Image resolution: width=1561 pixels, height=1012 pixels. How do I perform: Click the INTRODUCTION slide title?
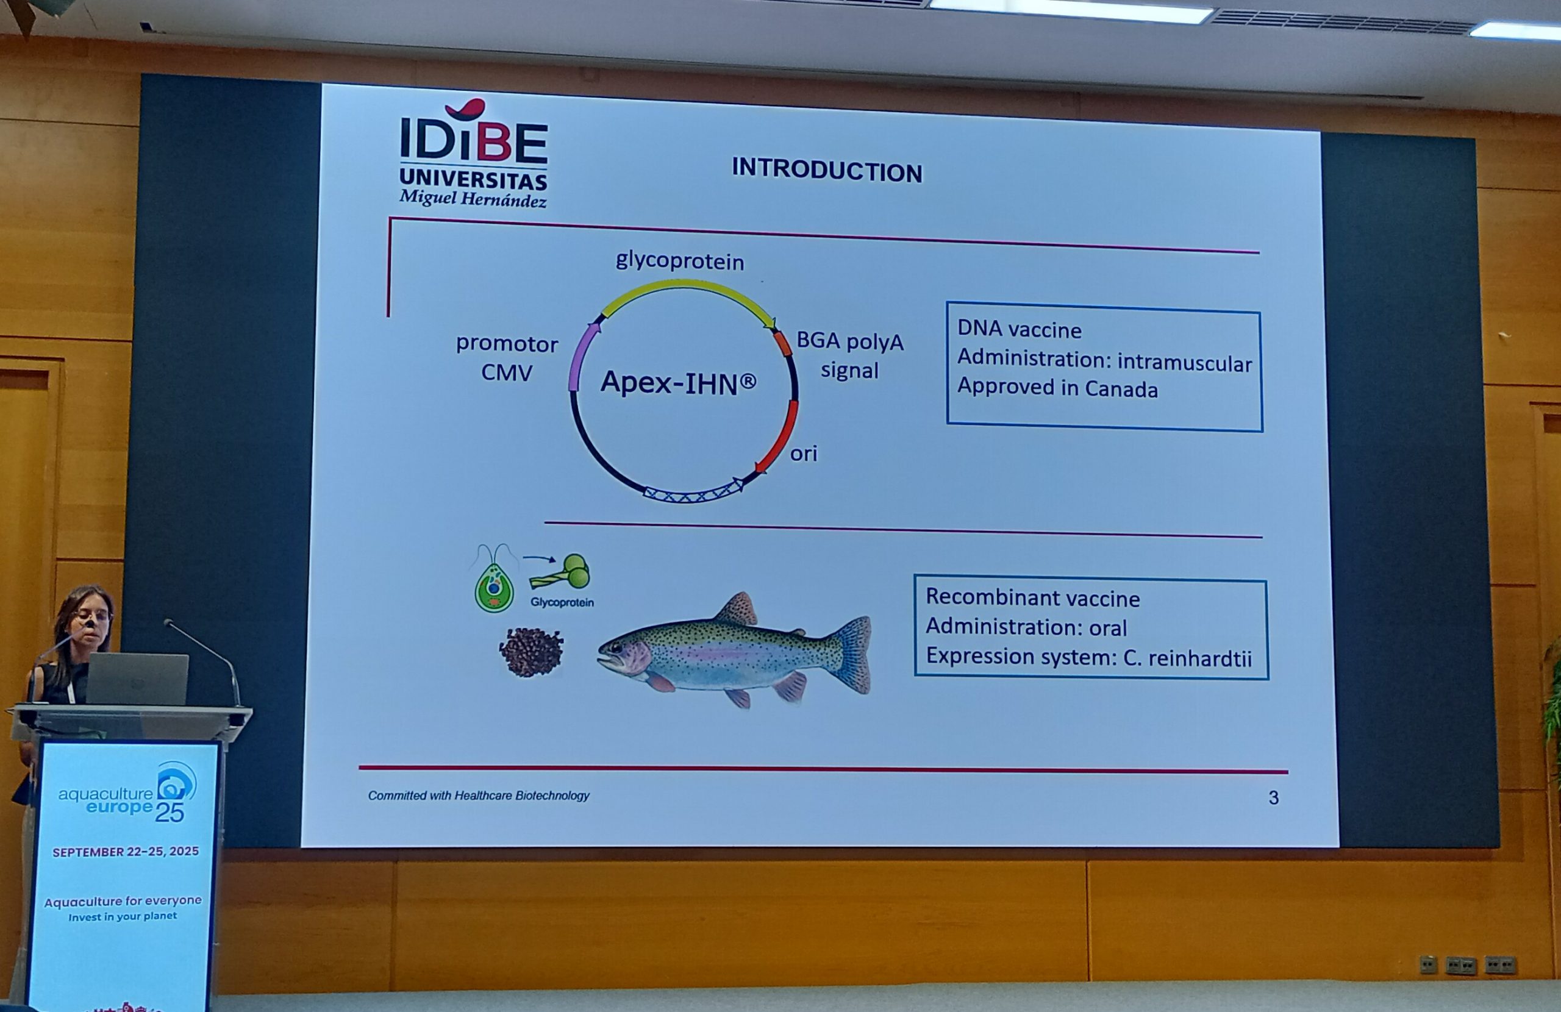click(827, 170)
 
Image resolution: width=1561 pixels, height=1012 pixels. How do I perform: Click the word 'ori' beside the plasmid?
click(804, 454)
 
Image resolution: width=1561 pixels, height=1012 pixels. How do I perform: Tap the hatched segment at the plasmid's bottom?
click(692, 493)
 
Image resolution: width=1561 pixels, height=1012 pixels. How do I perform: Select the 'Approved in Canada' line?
click(1057, 388)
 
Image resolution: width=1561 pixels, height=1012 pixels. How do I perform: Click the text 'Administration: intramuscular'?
click(1104, 361)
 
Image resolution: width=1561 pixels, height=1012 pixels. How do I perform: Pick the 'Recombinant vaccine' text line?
click(1032, 598)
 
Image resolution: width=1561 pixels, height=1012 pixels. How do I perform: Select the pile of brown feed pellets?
click(531, 652)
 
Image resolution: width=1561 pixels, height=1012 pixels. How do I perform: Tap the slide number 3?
click(1274, 797)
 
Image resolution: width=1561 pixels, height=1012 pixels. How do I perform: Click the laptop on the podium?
click(137, 678)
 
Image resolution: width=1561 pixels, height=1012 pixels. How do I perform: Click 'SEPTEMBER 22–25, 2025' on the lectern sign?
click(125, 852)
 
